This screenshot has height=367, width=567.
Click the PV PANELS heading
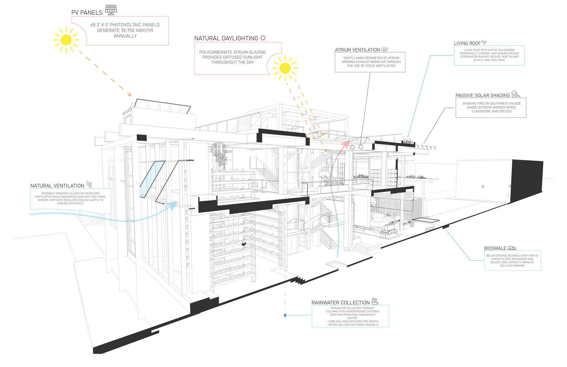tap(87, 12)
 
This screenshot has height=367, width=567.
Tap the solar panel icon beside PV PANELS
tap(110, 10)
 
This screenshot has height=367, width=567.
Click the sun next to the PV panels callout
tap(66, 40)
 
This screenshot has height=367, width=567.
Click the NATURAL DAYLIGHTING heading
tap(226, 38)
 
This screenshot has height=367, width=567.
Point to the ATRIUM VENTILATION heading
tap(358, 50)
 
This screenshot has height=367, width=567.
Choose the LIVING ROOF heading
tap(467, 43)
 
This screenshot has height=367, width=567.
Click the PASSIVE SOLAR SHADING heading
tap(482, 95)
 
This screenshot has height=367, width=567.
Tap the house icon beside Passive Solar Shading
tap(515, 94)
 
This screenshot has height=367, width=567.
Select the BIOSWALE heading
tap(495, 248)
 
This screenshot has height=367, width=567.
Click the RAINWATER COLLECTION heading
tap(340, 302)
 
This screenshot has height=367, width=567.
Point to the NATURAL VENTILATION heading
tap(57, 186)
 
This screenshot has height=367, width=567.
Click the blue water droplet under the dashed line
tap(285, 314)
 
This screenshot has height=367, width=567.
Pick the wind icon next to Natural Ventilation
tap(88, 184)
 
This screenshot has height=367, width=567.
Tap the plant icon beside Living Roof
tap(484, 42)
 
